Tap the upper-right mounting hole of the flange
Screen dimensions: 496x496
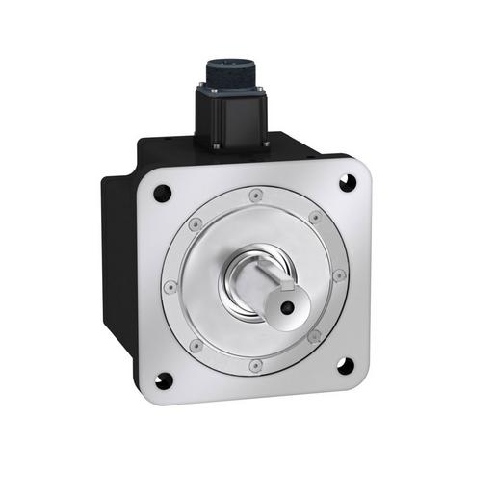point(345,180)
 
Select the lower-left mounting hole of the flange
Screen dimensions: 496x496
point(165,379)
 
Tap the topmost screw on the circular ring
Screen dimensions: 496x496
point(255,196)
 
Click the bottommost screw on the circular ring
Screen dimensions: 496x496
point(254,365)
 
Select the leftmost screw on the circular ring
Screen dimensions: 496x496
point(170,285)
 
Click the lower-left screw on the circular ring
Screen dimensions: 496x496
point(196,344)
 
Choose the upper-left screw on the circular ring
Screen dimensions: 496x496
point(196,225)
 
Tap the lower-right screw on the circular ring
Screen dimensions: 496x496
point(314,336)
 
